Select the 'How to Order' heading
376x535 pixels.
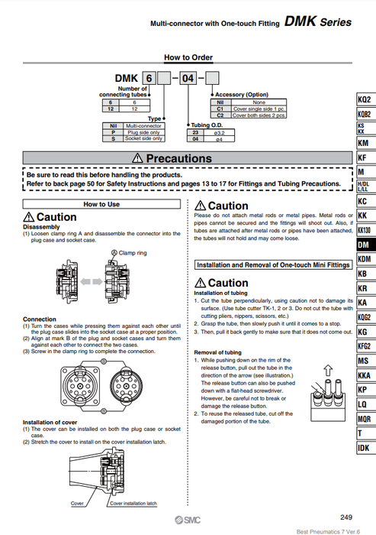(187, 57)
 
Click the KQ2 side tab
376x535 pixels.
(364, 100)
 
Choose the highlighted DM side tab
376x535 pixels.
(364, 245)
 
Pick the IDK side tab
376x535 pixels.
(364, 447)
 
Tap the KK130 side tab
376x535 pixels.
(364, 230)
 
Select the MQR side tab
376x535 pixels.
(364, 418)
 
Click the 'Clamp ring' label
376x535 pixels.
(131, 252)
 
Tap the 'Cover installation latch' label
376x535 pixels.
(133, 504)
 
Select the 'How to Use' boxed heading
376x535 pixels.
(101, 205)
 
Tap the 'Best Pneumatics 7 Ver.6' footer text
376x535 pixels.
(330, 530)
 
